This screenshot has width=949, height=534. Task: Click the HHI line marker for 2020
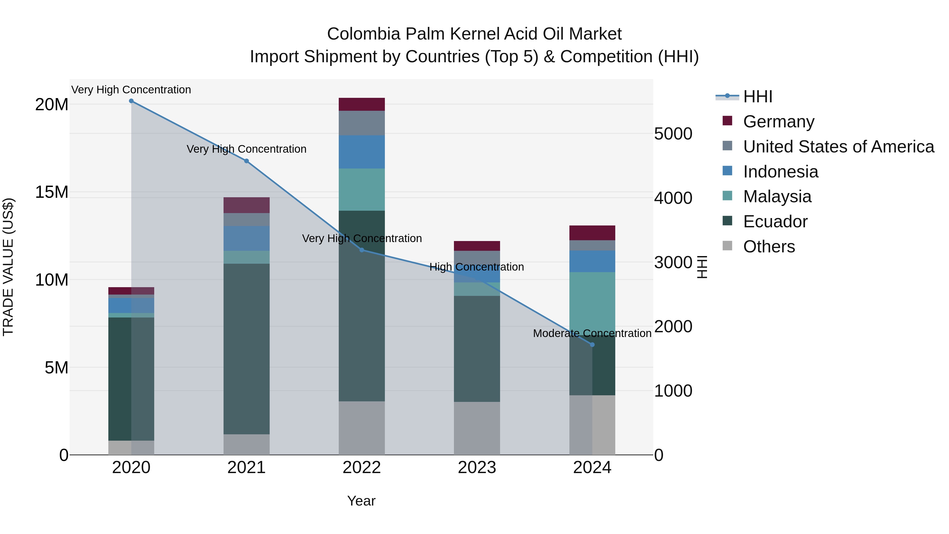[131, 101]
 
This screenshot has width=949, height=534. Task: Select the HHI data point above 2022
[362, 250]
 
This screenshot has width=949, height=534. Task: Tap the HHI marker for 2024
[592, 345]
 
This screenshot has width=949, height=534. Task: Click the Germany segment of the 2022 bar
[362, 104]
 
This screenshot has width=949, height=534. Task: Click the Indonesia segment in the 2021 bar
[246, 238]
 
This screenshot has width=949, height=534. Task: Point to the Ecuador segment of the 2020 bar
[131, 379]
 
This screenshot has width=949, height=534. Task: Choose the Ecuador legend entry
[775, 222]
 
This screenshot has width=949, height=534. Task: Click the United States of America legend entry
[838, 147]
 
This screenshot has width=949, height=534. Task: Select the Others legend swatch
[728, 246]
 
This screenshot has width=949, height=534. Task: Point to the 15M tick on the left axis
[52, 192]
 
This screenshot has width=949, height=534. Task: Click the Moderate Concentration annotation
[592, 333]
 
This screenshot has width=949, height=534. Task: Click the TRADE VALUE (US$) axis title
[8, 267]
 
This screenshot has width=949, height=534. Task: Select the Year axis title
[361, 501]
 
